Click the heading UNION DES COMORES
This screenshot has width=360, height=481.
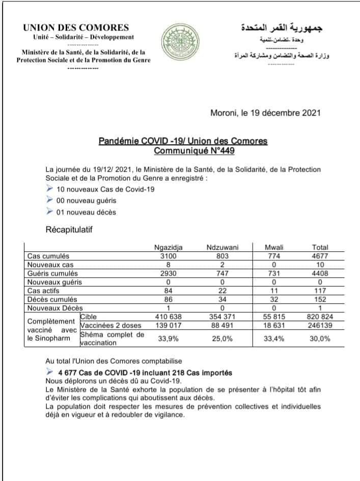pyautogui.click(x=76, y=28)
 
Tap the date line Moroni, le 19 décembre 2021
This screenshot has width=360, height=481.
pyautogui.click(x=265, y=113)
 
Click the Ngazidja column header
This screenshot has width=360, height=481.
pyautogui.click(x=168, y=248)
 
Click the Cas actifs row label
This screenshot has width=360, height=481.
pyautogui.click(x=43, y=290)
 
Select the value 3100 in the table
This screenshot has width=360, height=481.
pyautogui.click(x=168, y=256)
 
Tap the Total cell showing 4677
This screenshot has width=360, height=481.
pyautogui.click(x=320, y=256)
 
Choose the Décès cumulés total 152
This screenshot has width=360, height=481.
pyautogui.click(x=320, y=299)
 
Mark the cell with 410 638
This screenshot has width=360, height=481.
pyautogui.click(x=168, y=316)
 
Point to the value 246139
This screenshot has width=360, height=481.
pyautogui.click(x=320, y=325)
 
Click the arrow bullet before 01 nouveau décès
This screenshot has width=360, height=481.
pyautogui.click(x=49, y=211)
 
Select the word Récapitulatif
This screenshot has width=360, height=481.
pyautogui.click(x=69, y=230)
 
